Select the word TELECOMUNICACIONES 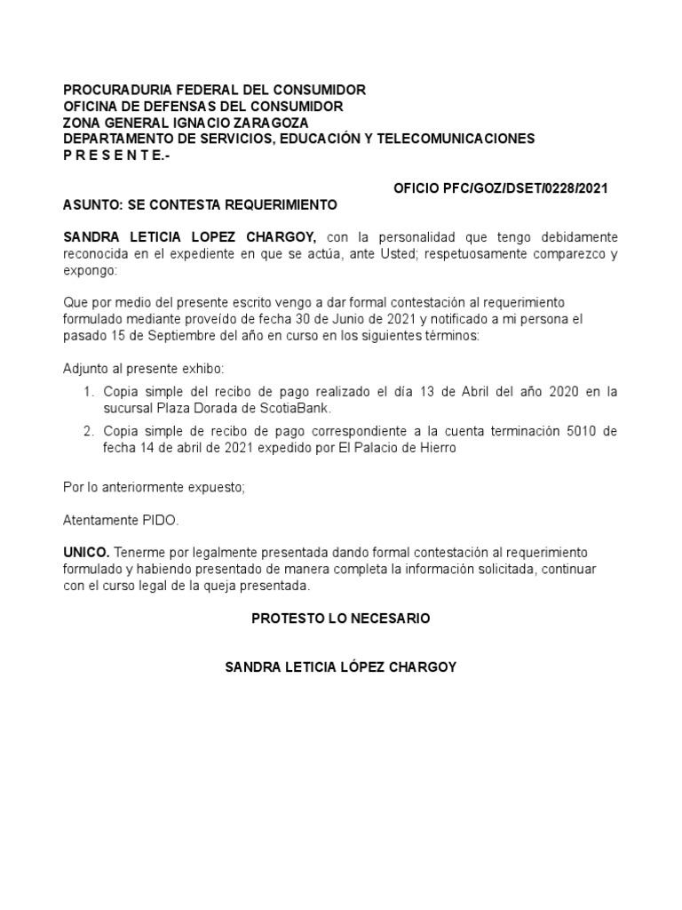(x=454, y=139)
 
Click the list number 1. (x=88, y=392)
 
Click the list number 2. (x=88, y=431)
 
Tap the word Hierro (x=435, y=448)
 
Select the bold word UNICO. (x=86, y=552)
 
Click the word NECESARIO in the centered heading (x=387, y=619)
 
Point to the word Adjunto (x=85, y=368)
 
